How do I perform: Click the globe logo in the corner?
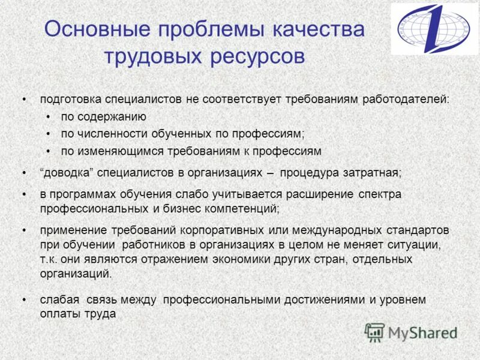434,28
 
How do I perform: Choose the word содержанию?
112,116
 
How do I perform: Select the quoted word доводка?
68,173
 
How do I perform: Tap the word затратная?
371,173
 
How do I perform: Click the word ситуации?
414,245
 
